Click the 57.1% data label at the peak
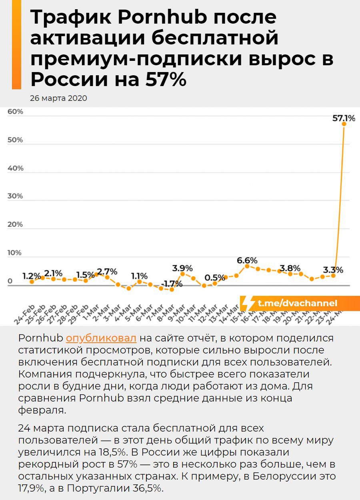344,118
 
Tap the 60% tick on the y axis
15,112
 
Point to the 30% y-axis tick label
15,196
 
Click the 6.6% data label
247,261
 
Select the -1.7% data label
171,284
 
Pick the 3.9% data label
182,268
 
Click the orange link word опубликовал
101,338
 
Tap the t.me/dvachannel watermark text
297,303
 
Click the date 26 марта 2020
58,98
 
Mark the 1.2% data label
32,276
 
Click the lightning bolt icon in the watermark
248,303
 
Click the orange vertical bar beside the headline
16,45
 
